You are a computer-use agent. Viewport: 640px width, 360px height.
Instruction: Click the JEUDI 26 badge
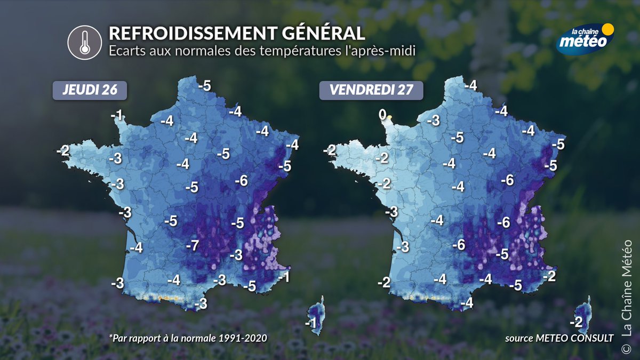pos(89,90)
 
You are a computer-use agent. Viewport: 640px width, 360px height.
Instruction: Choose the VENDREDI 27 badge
pos(371,90)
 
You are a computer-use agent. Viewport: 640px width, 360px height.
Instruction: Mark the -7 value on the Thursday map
pos(192,245)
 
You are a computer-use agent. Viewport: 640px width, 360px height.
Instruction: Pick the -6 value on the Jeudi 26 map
pos(241,181)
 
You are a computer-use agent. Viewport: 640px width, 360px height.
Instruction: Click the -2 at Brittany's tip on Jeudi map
pos(62,151)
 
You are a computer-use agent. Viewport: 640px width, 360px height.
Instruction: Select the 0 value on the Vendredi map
pos(382,114)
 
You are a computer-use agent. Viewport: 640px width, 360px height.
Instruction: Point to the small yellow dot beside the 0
pos(390,118)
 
